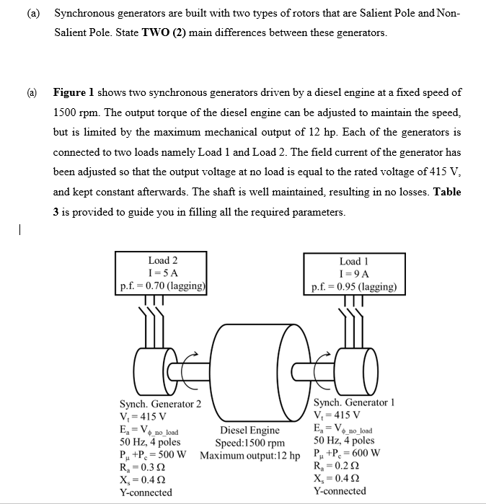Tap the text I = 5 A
[x=163, y=273]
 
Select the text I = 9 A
[x=354, y=273]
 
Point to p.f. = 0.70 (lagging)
[x=163, y=286]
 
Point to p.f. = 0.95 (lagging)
[x=354, y=286]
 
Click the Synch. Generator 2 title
[x=160, y=404]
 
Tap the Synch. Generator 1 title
[x=354, y=402]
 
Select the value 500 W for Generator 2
[x=174, y=455]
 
